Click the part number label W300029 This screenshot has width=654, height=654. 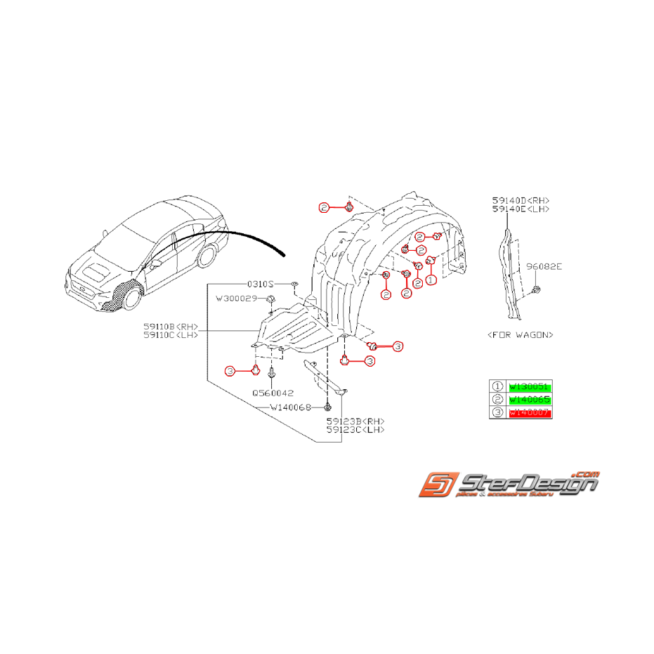coord(239,299)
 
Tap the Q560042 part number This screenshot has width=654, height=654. coord(274,393)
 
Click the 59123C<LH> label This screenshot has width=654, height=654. coord(355,429)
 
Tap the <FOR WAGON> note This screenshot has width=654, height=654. coord(520,334)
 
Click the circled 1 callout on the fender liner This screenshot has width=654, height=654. coord(431,279)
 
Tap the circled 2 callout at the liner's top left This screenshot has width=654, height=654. coord(323,207)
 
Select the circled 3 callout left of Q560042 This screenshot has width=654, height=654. coord(230,371)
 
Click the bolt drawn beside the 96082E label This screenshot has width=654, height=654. coord(536,290)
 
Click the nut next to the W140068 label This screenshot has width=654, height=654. coord(328,407)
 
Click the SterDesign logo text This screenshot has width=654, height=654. coord(527,485)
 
